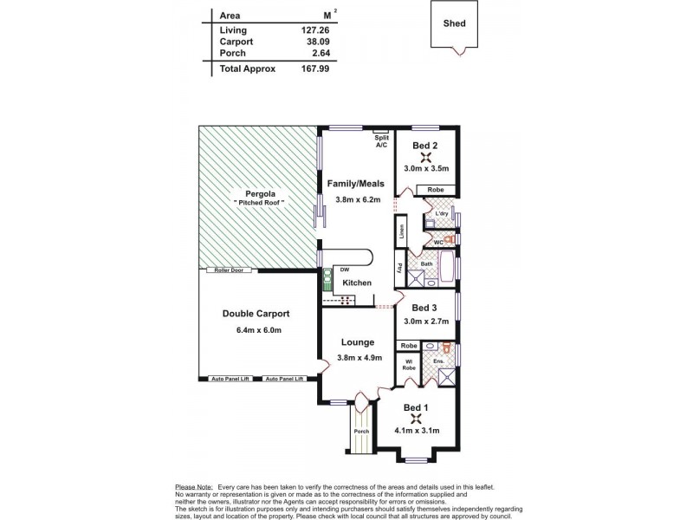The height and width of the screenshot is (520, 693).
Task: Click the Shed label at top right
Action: pos(455,23)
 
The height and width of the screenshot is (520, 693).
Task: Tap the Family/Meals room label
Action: pos(356,184)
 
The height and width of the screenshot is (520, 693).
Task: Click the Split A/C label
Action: pos(381,141)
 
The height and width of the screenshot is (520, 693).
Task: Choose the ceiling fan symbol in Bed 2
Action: pos(425,157)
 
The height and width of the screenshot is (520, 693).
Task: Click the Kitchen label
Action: pos(356,283)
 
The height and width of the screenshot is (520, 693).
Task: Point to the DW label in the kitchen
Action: pos(344,269)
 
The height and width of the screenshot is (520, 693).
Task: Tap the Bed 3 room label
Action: pos(424,308)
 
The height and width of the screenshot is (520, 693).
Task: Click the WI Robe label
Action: pos(410,365)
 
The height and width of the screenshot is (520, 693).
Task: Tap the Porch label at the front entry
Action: pos(361,431)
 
